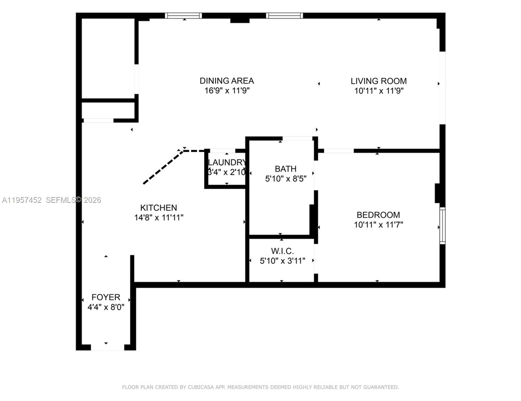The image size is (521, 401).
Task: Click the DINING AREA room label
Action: pos(227,81)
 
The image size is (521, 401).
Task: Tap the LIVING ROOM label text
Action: pos(378,81)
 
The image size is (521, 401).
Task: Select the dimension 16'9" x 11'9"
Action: pos(227,91)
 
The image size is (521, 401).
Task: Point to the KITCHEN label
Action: pos(158,208)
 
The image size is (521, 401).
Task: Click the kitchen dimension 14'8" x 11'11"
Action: pos(159,218)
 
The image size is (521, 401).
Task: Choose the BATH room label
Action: pos(285,169)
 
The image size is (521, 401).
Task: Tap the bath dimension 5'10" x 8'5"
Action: pos(285,179)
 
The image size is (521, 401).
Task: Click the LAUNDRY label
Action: pos(227,162)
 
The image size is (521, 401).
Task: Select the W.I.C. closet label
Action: pos(282,251)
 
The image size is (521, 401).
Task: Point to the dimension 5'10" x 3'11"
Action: pos(282,261)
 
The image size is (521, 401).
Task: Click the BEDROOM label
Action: pos(378,215)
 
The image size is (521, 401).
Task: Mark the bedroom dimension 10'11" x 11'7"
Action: pos(378,225)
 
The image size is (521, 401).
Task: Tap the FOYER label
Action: pos(106,297)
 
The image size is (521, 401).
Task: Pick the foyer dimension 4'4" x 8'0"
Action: pos(106,307)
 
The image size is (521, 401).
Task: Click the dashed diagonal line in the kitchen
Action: pos(163,167)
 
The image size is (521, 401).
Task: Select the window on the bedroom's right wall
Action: pos(442,226)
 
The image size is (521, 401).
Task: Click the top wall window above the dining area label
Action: pos(183,15)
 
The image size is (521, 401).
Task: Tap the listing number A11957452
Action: pos(22,200)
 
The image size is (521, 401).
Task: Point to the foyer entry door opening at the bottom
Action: pos(107,348)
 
